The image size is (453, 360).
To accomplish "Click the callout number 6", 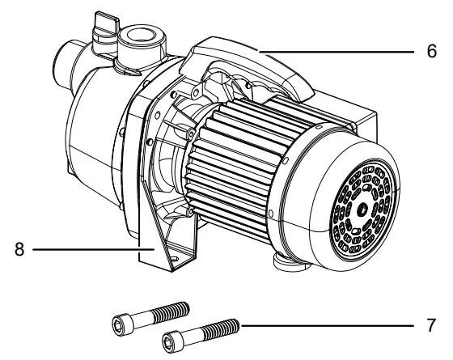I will [x=432, y=49].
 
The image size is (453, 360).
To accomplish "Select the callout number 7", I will [x=431, y=328].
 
